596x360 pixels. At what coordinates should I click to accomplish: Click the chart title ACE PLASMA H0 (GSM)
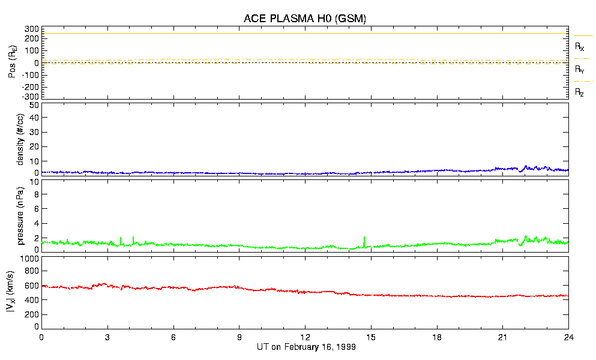tap(304, 19)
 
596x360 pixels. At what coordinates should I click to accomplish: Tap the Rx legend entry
tap(580, 46)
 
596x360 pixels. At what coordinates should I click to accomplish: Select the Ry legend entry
tap(580, 70)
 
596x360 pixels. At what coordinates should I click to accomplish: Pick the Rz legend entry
tap(580, 92)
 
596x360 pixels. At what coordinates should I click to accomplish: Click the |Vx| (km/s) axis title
tap(20, 293)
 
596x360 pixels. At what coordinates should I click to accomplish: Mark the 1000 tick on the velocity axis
tap(29, 259)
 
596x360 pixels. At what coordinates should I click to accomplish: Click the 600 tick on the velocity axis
tap(32, 287)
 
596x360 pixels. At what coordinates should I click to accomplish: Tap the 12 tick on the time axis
tap(305, 337)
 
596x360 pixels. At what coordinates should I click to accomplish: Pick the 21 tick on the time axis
tap(502, 337)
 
